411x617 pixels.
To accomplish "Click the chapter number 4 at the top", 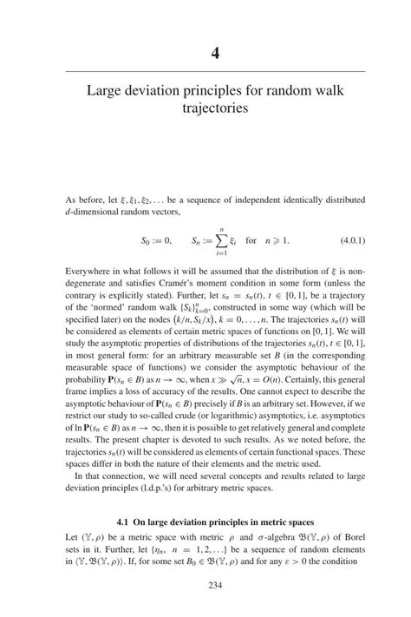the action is point(215,52).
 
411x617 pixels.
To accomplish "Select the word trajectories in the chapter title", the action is point(215,109).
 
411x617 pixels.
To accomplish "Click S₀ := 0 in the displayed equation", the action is point(157,240).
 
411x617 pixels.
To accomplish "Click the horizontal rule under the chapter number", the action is point(215,71).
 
